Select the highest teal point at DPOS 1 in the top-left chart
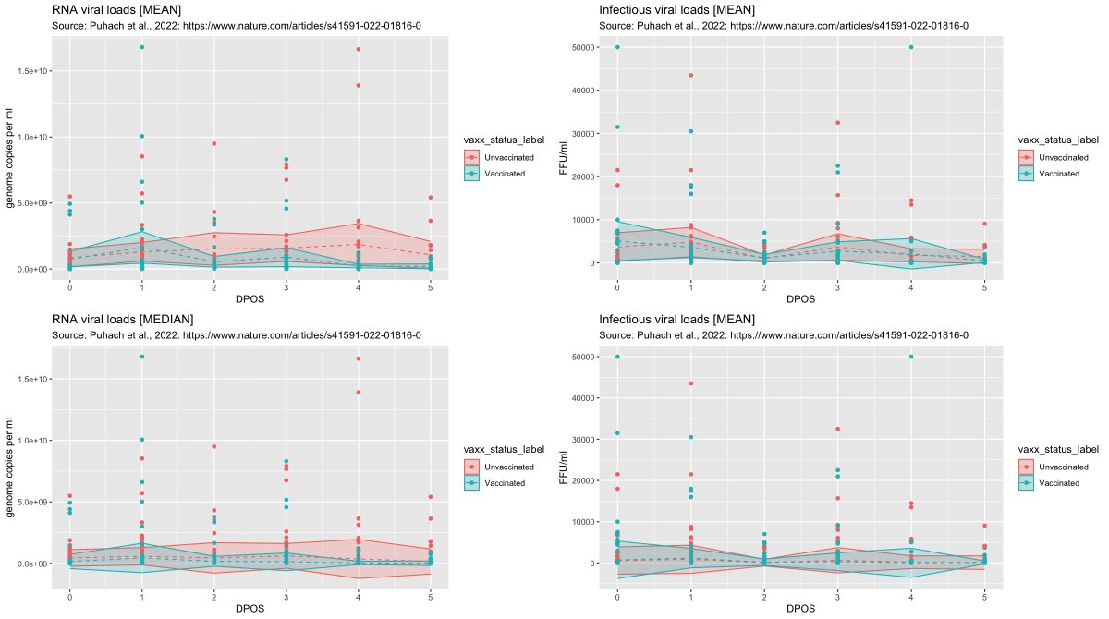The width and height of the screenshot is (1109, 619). click(141, 47)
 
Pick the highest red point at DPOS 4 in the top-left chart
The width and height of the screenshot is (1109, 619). click(358, 49)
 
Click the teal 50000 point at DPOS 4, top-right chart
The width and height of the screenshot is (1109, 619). click(911, 47)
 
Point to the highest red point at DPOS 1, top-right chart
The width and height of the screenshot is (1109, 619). click(690, 75)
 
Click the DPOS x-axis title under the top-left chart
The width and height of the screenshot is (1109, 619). click(250, 301)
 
